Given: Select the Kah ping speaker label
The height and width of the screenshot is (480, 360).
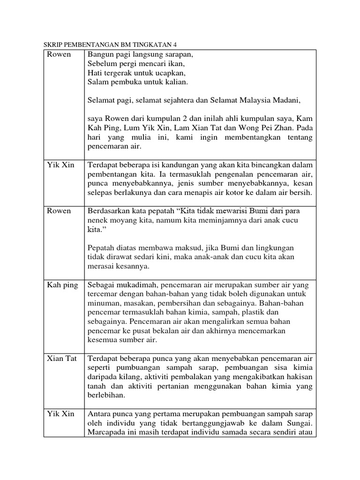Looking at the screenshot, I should [x=62, y=285].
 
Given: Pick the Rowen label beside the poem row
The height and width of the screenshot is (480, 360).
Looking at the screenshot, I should [x=59, y=54].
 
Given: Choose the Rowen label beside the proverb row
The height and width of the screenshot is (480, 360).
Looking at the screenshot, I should [x=59, y=210].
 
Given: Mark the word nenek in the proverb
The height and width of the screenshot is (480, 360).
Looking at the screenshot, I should [x=98, y=220].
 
